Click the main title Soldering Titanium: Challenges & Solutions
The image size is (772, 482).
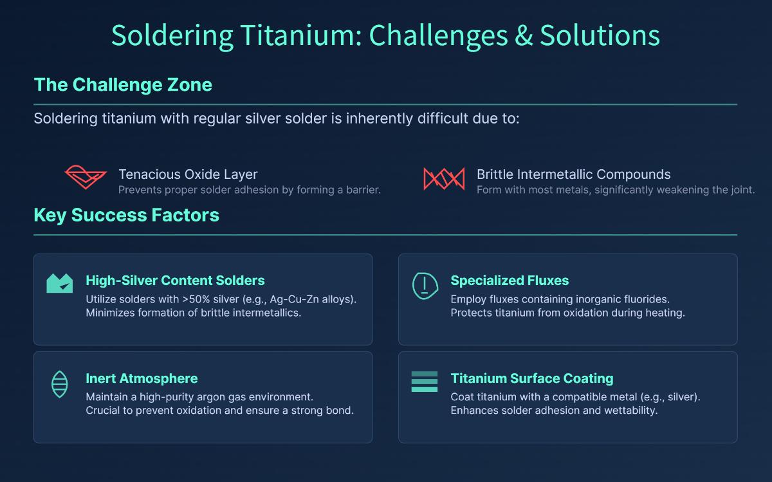(x=385, y=35)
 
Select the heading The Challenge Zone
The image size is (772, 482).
(x=123, y=85)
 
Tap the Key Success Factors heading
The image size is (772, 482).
(x=126, y=215)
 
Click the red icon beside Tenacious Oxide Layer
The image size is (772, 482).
(x=86, y=177)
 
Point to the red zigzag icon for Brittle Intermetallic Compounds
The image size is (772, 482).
(x=443, y=178)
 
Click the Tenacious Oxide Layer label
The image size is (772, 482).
(x=188, y=174)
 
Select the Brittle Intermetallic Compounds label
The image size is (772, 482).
(x=573, y=174)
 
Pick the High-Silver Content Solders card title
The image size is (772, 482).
(x=175, y=281)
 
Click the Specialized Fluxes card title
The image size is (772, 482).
(x=510, y=281)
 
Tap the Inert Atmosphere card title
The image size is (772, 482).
(x=142, y=378)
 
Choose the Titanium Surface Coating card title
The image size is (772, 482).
(x=532, y=378)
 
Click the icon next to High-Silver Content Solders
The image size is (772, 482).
(x=60, y=283)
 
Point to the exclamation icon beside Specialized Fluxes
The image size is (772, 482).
(x=425, y=285)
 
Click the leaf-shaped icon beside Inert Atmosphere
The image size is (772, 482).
(x=59, y=384)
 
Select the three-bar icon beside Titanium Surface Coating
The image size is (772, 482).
(x=425, y=382)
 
